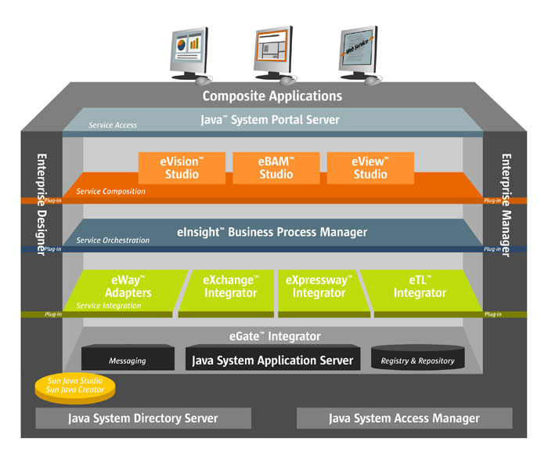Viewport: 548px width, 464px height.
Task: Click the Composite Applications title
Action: [272, 96]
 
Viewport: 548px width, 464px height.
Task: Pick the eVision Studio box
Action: [182, 168]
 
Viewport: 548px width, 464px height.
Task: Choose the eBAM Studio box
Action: [276, 168]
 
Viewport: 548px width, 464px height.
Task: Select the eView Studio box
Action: [370, 168]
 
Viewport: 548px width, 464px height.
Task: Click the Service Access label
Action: [113, 125]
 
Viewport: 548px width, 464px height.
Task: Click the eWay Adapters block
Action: [127, 287]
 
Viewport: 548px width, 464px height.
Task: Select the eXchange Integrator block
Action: [229, 287]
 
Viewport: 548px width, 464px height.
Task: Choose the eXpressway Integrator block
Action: [319, 287]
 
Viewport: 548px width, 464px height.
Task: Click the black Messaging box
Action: [128, 361]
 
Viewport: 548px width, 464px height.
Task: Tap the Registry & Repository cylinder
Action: [417, 360]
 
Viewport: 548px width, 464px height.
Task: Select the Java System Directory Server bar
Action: [144, 419]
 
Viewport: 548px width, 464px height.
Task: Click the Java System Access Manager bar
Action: [404, 419]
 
